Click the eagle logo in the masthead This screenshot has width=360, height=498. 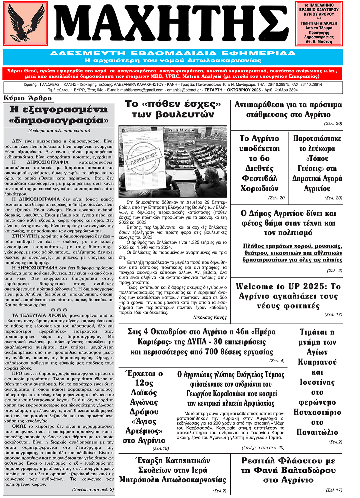(x=26, y=23)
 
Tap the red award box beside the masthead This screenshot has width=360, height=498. (x=319, y=23)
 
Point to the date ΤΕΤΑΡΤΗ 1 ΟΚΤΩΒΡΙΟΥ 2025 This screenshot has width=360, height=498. (x=232, y=90)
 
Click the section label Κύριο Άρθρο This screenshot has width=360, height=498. (x=28, y=98)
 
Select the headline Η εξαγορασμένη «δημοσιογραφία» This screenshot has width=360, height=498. (x=59, y=114)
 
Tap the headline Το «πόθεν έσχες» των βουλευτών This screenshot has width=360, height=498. (x=173, y=109)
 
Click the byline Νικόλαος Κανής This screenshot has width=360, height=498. (x=210, y=318)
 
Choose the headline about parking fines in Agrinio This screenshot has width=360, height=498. (x=288, y=109)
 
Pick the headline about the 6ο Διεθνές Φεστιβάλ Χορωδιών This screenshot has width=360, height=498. (x=259, y=163)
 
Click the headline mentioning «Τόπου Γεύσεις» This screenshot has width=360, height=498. (x=317, y=163)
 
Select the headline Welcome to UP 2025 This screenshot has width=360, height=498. (x=288, y=296)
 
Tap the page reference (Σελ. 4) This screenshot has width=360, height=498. (x=277, y=361)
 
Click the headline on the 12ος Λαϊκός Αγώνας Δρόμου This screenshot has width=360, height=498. (x=144, y=407)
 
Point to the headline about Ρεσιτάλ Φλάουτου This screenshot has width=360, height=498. (x=288, y=470)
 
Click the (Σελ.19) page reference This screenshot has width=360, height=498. (x=161, y=448)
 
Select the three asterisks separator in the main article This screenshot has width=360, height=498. (x=59, y=310)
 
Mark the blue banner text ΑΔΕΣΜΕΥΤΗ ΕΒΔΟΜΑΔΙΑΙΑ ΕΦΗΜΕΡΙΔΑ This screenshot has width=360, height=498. (x=173, y=53)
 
